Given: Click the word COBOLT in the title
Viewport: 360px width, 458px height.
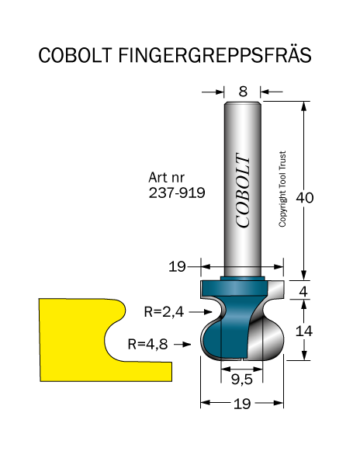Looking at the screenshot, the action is [75, 55].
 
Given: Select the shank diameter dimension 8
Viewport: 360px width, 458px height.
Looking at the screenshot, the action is [243, 92].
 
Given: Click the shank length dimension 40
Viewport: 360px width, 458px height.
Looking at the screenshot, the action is [304, 198].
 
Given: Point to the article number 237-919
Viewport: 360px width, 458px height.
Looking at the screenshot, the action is [177, 193].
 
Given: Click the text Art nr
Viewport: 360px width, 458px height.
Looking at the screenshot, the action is [167, 177].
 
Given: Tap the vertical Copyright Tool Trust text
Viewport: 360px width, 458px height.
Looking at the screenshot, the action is [282, 189].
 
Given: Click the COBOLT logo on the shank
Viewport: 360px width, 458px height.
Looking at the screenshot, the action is [243, 190].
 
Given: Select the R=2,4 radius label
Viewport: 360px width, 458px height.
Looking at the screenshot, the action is [164, 312].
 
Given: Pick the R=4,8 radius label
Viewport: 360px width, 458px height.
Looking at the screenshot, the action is [147, 344].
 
